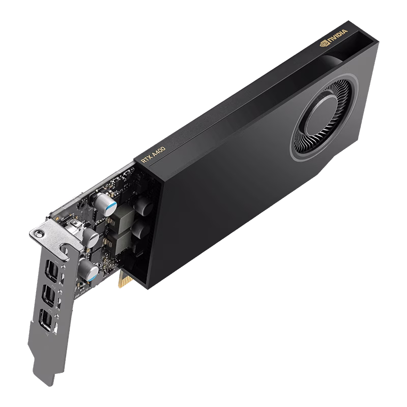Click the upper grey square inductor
coord(121,219)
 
